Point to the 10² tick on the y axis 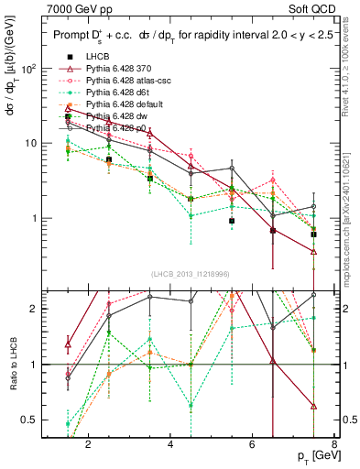(30, 69)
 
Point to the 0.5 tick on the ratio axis (30, 420)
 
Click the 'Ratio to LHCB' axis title (11, 365)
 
